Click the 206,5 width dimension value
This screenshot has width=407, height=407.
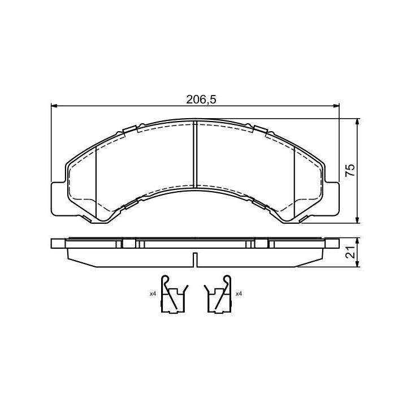201,99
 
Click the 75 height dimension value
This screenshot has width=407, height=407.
350,171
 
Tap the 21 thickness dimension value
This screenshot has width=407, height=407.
350,252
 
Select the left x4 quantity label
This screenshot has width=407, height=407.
153,294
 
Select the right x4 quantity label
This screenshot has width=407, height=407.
239,294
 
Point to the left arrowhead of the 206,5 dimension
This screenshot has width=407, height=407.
54,105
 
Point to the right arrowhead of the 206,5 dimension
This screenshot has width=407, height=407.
336,105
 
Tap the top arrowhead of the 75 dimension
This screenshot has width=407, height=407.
358,122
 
